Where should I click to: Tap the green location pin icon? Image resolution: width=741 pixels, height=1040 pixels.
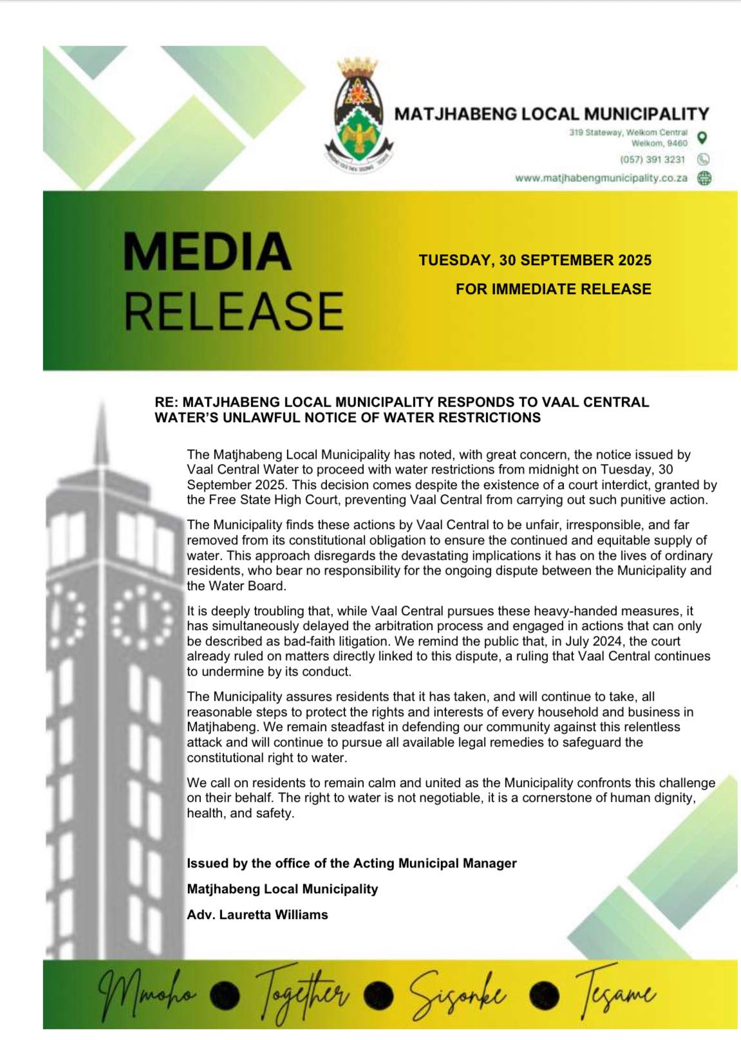[x=703, y=138]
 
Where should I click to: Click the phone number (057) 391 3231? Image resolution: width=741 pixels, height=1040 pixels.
[x=652, y=159]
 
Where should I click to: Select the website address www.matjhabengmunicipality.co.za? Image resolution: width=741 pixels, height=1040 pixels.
[x=601, y=178]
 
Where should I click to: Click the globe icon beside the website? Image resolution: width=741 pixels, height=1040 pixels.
[x=704, y=178]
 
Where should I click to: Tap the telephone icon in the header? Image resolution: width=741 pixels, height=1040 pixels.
[x=704, y=159]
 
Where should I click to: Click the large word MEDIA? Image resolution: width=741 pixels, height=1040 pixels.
[x=207, y=252]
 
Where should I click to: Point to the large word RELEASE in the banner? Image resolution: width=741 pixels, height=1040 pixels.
[x=233, y=311]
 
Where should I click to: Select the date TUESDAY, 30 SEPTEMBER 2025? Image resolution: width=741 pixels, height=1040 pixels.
[x=534, y=261]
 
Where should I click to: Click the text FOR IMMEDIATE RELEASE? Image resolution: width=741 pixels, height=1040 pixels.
[x=553, y=290]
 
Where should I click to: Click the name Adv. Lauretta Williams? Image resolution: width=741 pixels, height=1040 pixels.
[x=257, y=915]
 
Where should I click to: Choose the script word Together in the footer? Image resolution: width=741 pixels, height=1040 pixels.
[x=303, y=996]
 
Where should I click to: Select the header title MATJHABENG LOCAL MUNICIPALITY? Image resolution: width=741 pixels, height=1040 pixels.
[x=551, y=115]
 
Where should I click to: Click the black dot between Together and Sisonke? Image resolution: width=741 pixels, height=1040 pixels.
[x=382, y=995]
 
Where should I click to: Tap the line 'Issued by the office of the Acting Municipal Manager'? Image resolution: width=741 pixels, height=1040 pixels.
[x=352, y=863]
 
